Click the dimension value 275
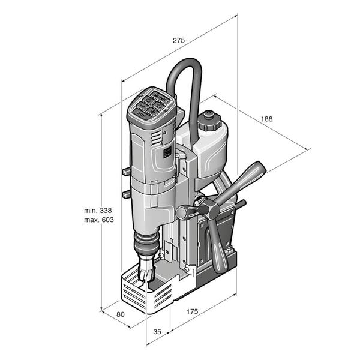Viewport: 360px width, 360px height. pyautogui.click(x=179, y=40)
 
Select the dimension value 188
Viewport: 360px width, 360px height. pyautogui.click(x=266, y=119)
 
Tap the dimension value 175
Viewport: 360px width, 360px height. pyautogui.click(x=192, y=311)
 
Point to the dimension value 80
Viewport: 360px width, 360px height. pyautogui.click(x=121, y=314)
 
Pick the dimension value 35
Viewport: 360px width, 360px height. pyautogui.click(x=157, y=332)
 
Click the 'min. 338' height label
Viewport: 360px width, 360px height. pyautogui.click(x=98, y=211)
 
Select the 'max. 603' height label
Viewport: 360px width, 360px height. pyautogui.click(x=99, y=220)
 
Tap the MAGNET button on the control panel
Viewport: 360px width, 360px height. pyautogui.click(x=160, y=97)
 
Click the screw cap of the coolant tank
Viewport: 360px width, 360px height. pyautogui.click(x=209, y=121)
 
